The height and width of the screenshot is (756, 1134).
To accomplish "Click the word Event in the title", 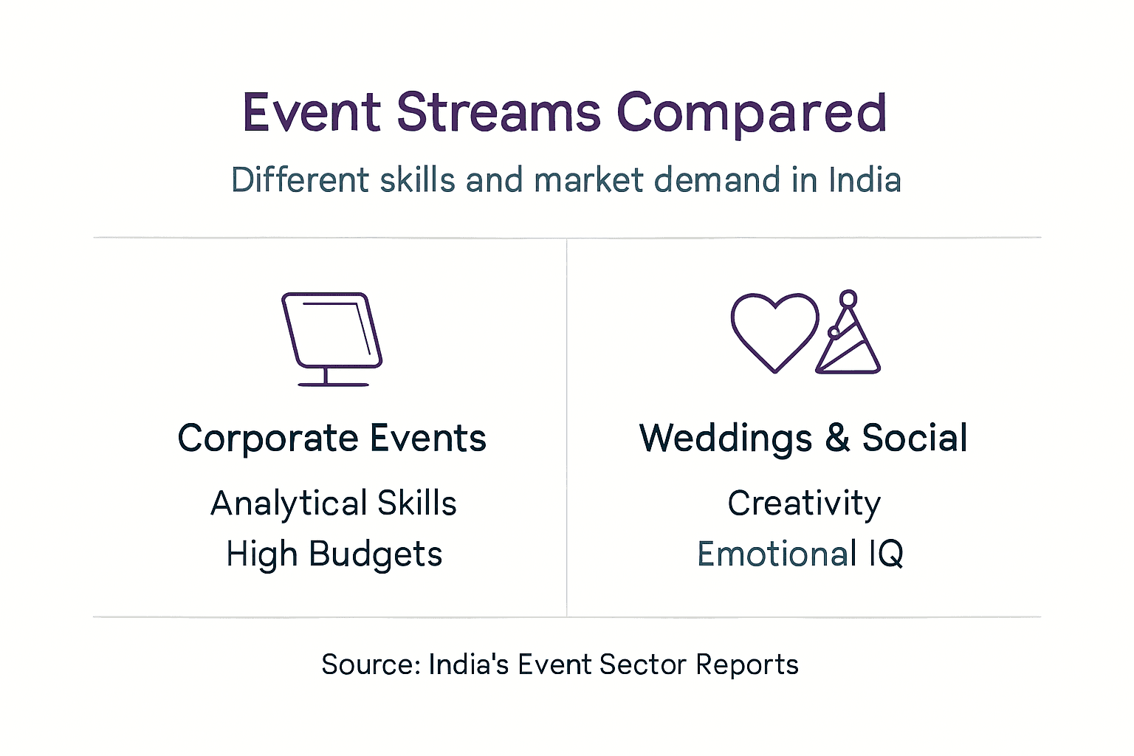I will click(311, 113).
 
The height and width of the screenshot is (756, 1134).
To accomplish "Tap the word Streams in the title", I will click(498, 113).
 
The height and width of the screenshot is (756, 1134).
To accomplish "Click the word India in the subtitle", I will click(865, 180).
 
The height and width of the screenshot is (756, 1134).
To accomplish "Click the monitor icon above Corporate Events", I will click(331, 330).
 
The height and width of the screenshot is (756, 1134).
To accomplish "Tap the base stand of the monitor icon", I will click(332, 383).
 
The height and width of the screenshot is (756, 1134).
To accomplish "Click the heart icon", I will click(774, 331).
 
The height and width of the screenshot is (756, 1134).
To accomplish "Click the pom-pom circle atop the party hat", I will click(848, 298).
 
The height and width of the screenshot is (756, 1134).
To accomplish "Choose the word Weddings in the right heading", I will click(726, 439).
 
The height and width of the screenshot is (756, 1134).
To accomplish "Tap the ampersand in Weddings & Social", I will click(837, 438).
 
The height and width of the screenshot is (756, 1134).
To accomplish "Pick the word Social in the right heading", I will click(915, 438).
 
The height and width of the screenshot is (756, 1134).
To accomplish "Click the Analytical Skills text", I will click(334, 504).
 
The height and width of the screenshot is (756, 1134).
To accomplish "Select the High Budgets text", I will click(334, 554).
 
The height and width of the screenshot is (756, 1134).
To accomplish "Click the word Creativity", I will click(804, 504).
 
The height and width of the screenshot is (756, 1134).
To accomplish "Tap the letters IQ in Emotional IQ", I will click(886, 554).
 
